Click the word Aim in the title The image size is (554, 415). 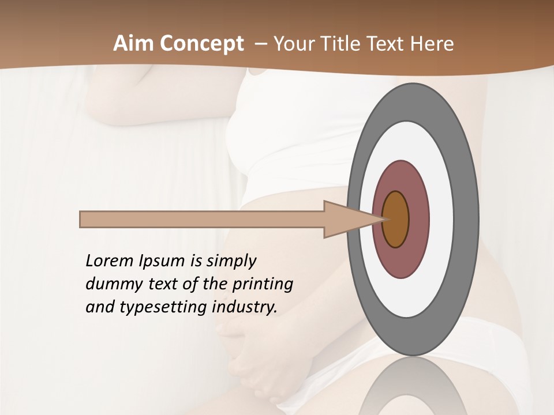pyautogui.click(x=130, y=44)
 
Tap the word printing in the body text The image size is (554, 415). pyautogui.click(x=263, y=285)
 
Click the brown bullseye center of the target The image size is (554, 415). pyautogui.click(x=396, y=219)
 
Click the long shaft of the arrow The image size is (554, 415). pyautogui.click(x=202, y=219)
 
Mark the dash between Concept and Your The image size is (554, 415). pyautogui.click(x=260, y=44)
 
